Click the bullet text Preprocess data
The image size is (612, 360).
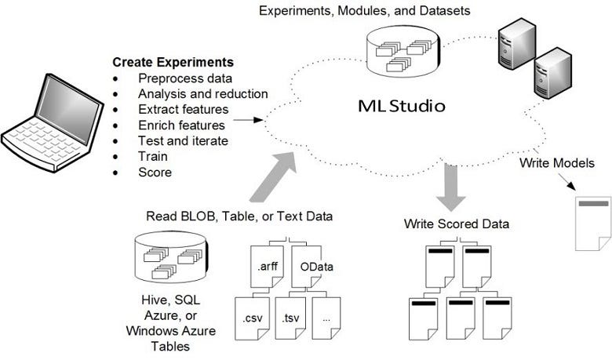tap(184, 78)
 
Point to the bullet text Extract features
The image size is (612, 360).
tap(184, 109)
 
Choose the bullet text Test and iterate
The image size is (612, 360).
tap(183, 140)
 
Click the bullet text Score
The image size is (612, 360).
tap(155, 172)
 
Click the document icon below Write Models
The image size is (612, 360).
tap(592, 223)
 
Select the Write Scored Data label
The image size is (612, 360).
tap(457, 224)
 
